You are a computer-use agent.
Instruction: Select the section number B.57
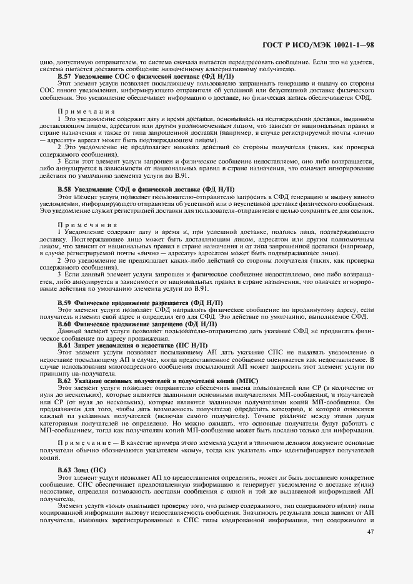(x=65, y=76)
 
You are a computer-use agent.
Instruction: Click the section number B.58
(x=65, y=188)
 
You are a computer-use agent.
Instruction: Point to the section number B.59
(x=65, y=303)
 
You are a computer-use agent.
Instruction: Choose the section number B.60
(x=65, y=324)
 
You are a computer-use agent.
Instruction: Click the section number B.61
(x=65, y=345)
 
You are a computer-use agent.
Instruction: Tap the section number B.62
(x=65, y=380)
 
